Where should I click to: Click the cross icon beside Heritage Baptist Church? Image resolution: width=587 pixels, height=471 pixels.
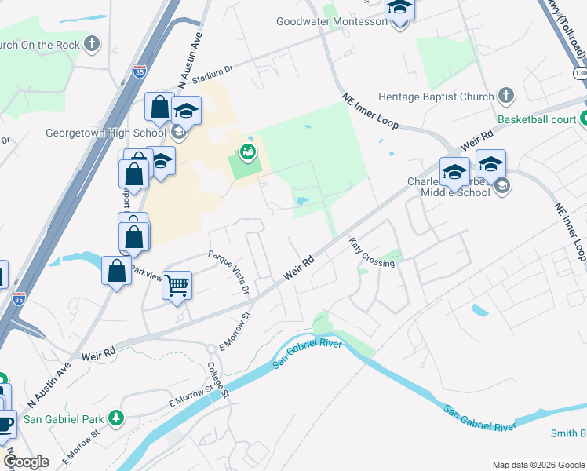505,97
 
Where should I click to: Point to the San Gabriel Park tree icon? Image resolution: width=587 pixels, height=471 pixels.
116,417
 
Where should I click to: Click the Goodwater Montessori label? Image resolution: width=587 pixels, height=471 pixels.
331,21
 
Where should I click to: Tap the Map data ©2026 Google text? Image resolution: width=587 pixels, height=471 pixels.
538,465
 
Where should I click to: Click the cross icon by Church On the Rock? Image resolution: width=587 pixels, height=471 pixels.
93,44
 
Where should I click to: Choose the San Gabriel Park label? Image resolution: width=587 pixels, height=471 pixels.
65,418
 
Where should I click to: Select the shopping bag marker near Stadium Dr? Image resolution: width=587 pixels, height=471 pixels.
159,108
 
